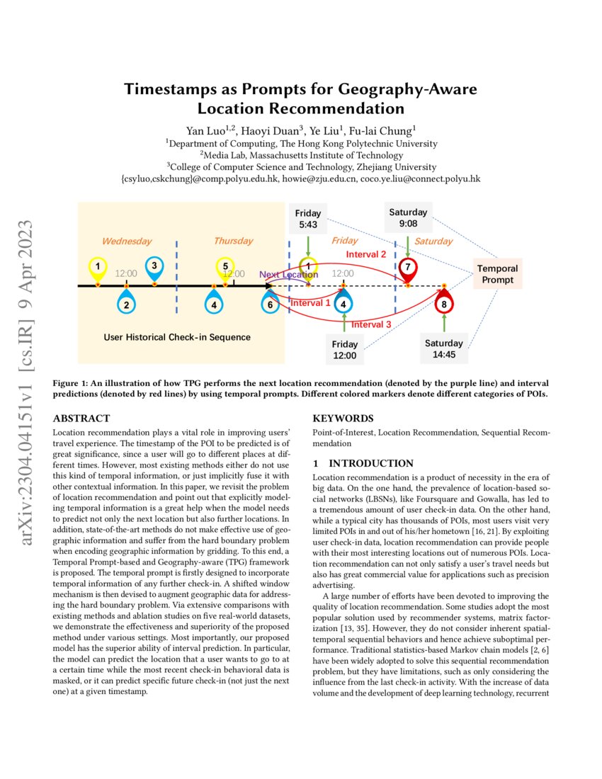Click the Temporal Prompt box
click(497, 274)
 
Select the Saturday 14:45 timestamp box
click(444, 348)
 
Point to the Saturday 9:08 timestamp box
click(408, 217)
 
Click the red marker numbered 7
click(408, 268)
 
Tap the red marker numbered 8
click(444, 305)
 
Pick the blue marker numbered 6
click(270, 304)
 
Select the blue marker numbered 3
click(154, 266)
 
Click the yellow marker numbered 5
click(225, 267)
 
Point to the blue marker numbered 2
click(125, 305)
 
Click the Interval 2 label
click(365, 254)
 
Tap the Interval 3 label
click(371, 324)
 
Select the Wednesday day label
click(127, 241)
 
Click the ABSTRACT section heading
click(81, 419)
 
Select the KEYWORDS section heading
click(343, 419)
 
